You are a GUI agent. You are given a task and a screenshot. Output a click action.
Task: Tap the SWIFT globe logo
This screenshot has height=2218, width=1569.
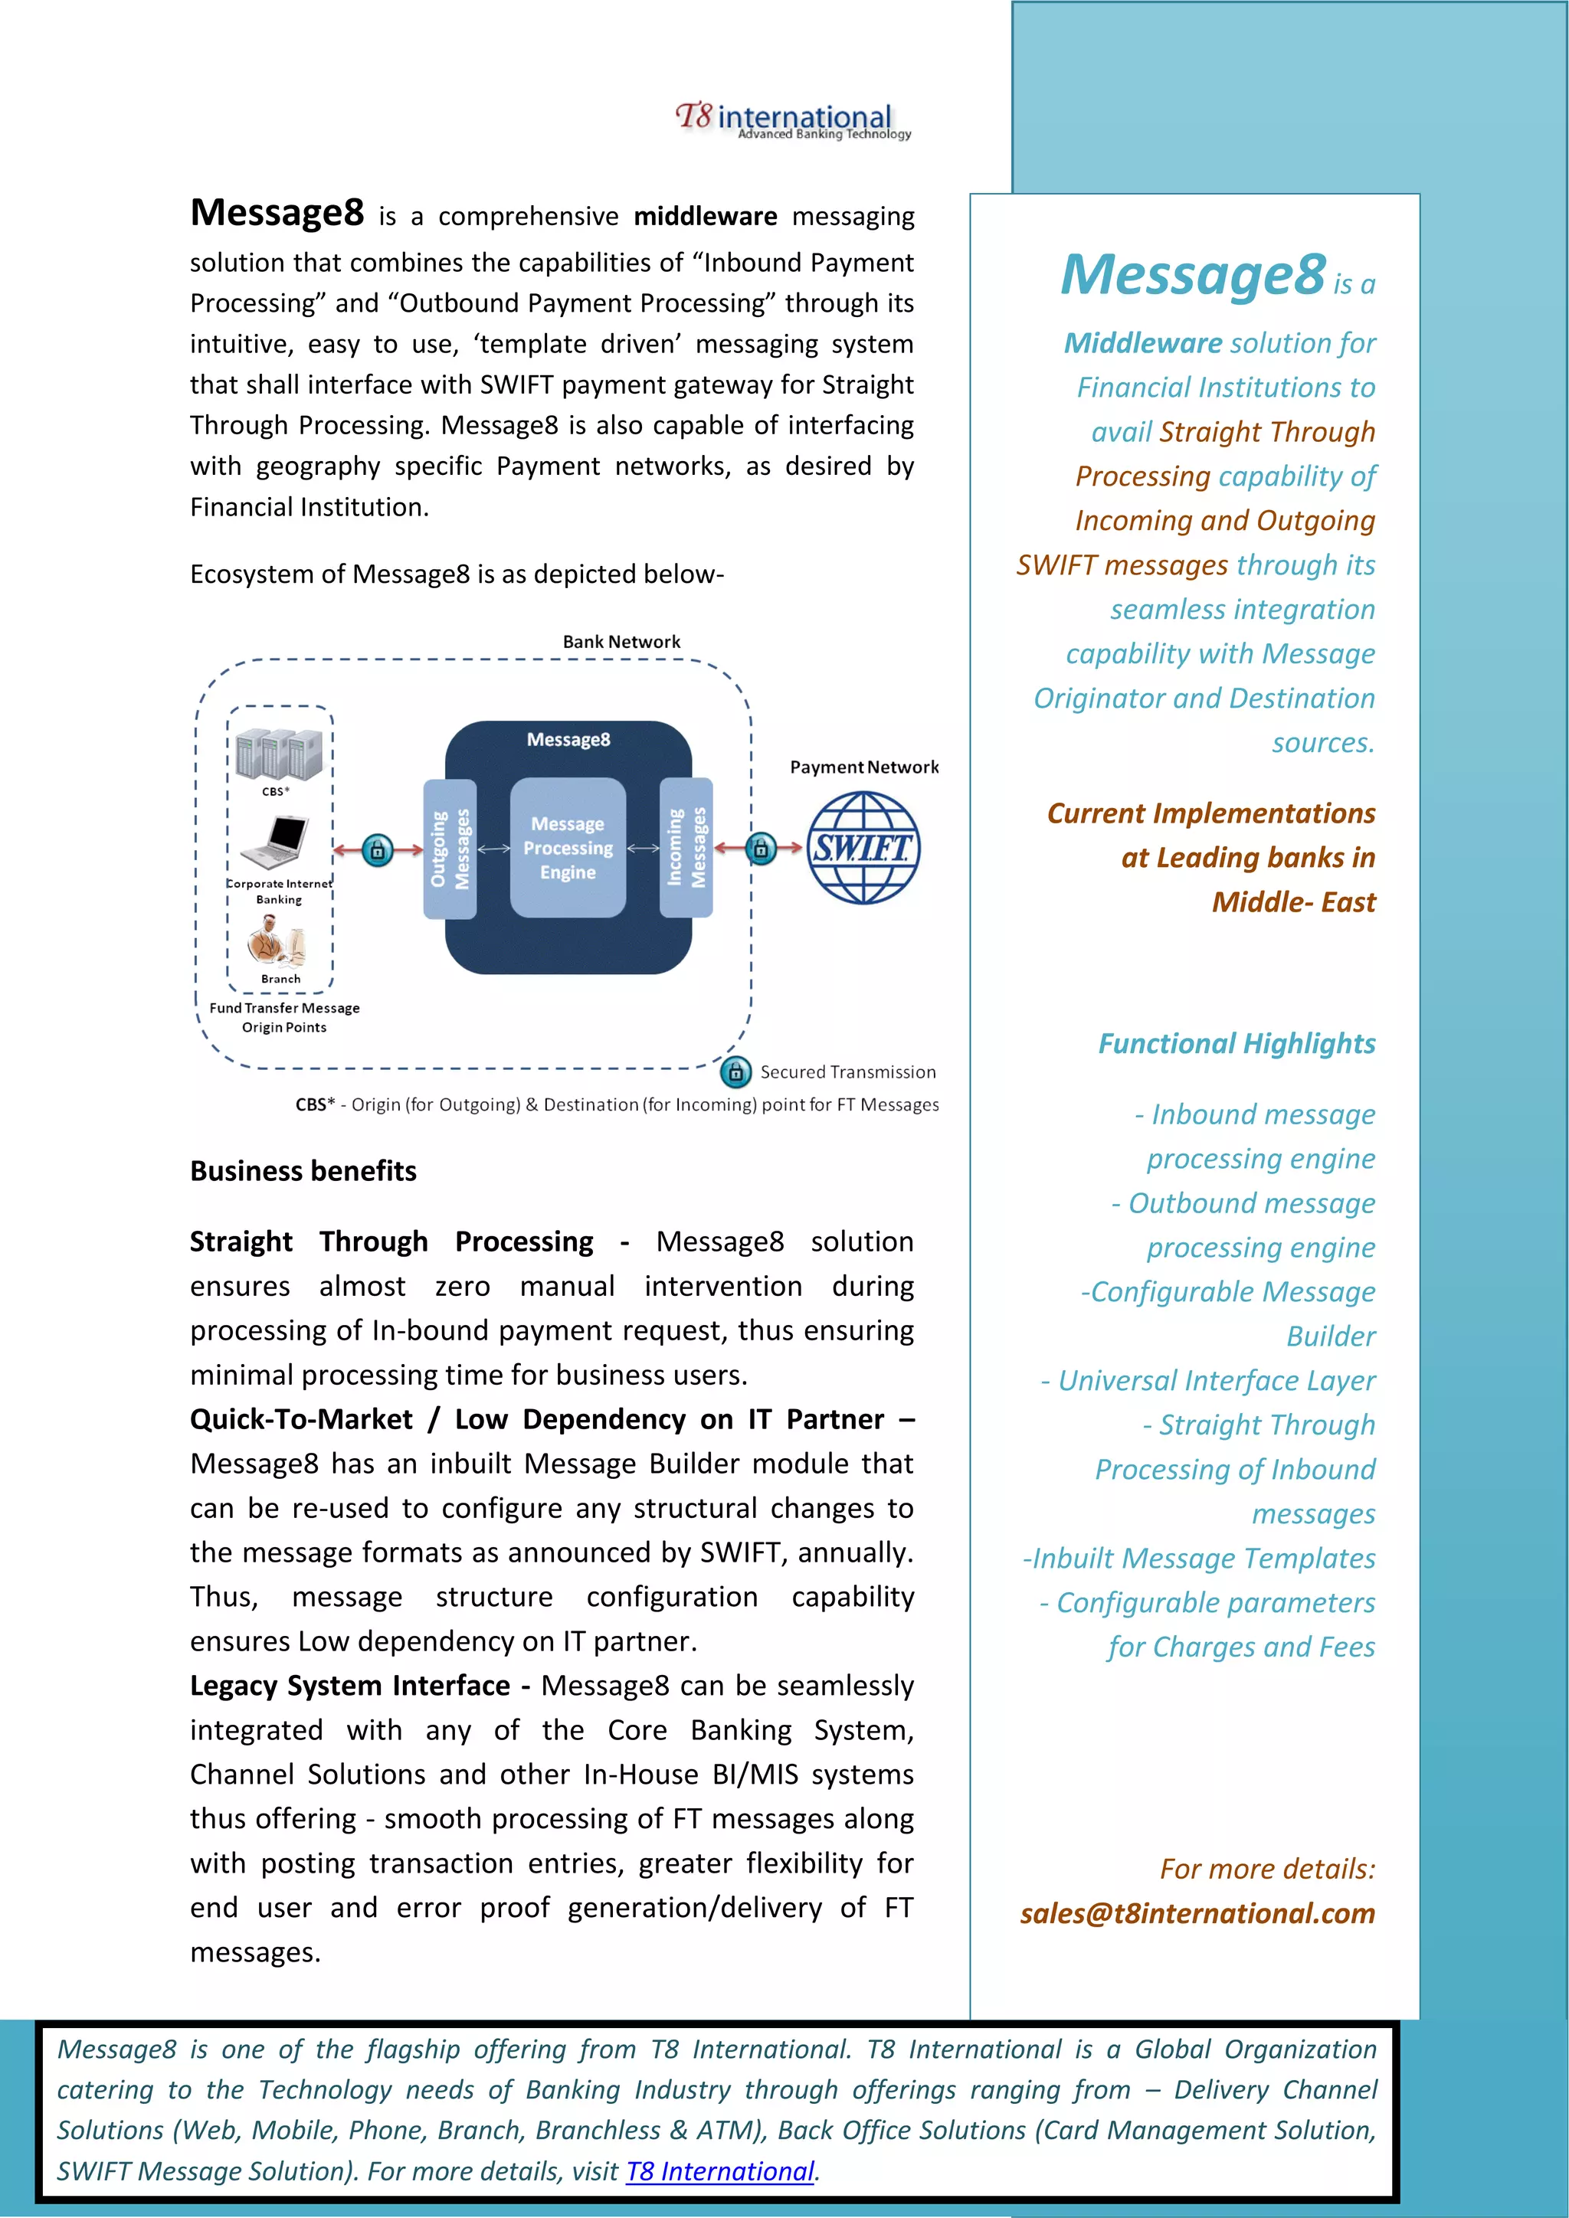[x=863, y=848]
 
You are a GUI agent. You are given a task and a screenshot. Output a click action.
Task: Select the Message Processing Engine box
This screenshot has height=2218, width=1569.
[x=568, y=847]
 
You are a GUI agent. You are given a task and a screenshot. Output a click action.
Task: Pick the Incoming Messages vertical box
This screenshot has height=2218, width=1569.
[x=686, y=847]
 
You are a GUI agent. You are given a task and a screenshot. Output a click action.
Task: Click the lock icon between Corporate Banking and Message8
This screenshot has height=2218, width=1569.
[x=378, y=850]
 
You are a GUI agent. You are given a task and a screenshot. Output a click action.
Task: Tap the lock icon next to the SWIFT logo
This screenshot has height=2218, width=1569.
[x=762, y=848]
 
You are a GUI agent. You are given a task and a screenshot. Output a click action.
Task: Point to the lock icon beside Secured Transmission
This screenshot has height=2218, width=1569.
[x=735, y=1071]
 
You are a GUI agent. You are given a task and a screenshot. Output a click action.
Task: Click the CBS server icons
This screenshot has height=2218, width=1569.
[x=279, y=754]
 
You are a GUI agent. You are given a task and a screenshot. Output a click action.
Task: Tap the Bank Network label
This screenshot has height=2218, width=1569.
[x=621, y=642]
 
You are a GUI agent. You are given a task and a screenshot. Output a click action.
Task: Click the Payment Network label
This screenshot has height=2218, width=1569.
[x=863, y=767]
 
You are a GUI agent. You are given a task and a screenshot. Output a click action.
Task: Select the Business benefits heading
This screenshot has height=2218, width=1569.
[x=303, y=1171]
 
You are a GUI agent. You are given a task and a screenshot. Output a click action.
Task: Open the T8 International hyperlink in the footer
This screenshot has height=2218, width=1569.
[x=720, y=2171]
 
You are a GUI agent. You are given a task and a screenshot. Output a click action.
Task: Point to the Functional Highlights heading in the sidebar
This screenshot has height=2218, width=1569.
[x=1236, y=1043]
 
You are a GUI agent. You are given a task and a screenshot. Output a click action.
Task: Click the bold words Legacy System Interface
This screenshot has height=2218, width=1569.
[x=350, y=1685]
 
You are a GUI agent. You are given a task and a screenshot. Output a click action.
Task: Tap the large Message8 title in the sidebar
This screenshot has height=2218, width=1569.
[x=1192, y=274]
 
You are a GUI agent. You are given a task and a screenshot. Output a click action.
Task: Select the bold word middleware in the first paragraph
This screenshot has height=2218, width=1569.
[x=706, y=217]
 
